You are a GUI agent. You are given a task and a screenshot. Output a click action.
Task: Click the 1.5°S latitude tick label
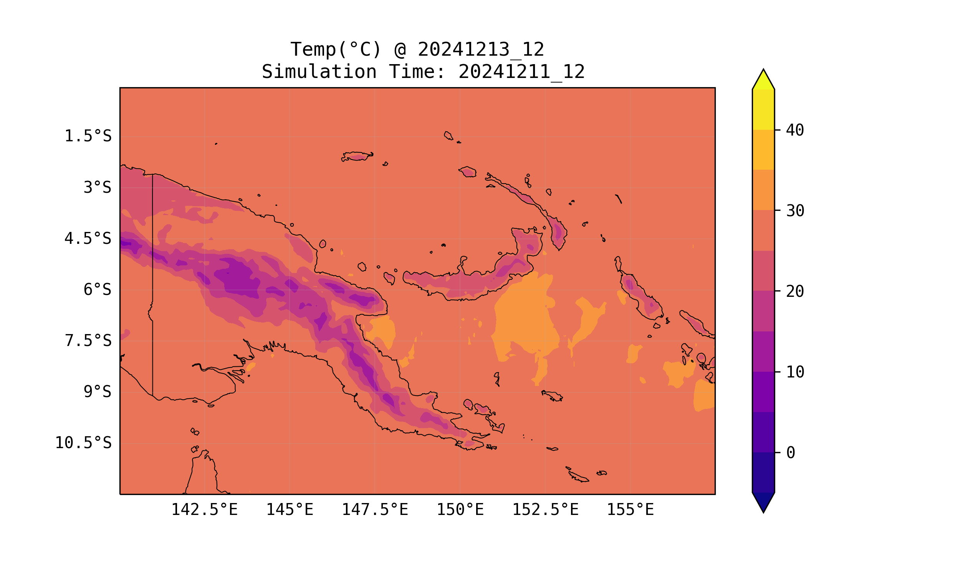[88, 136]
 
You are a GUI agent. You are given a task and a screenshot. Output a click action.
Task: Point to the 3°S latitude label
[97, 187]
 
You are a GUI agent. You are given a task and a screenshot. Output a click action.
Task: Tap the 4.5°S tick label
[88, 239]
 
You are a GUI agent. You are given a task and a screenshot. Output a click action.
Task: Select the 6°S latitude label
[97, 290]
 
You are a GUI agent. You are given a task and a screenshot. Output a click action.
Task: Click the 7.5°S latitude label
[88, 341]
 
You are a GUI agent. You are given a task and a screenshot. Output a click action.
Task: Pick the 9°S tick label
[97, 392]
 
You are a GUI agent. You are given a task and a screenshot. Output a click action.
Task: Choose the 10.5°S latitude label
[83, 443]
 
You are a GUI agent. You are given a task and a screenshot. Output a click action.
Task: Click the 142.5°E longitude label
[205, 510]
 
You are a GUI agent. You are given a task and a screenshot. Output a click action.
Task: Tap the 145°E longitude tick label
[290, 510]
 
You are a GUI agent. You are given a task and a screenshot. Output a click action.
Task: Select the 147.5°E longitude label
[375, 510]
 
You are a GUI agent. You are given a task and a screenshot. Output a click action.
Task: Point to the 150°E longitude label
[460, 510]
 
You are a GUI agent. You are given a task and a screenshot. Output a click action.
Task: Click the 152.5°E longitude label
[545, 510]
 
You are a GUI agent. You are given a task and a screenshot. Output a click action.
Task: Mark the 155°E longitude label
[630, 510]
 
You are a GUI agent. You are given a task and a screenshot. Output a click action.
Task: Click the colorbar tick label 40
[795, 131]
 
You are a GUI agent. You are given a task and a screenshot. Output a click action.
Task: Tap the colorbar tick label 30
[795, 211]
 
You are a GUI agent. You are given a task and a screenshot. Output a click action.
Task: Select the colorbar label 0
[790, 453]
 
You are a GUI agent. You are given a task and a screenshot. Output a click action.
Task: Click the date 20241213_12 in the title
[481, 50]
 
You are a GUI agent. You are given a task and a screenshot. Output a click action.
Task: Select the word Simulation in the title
[319, 72]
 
